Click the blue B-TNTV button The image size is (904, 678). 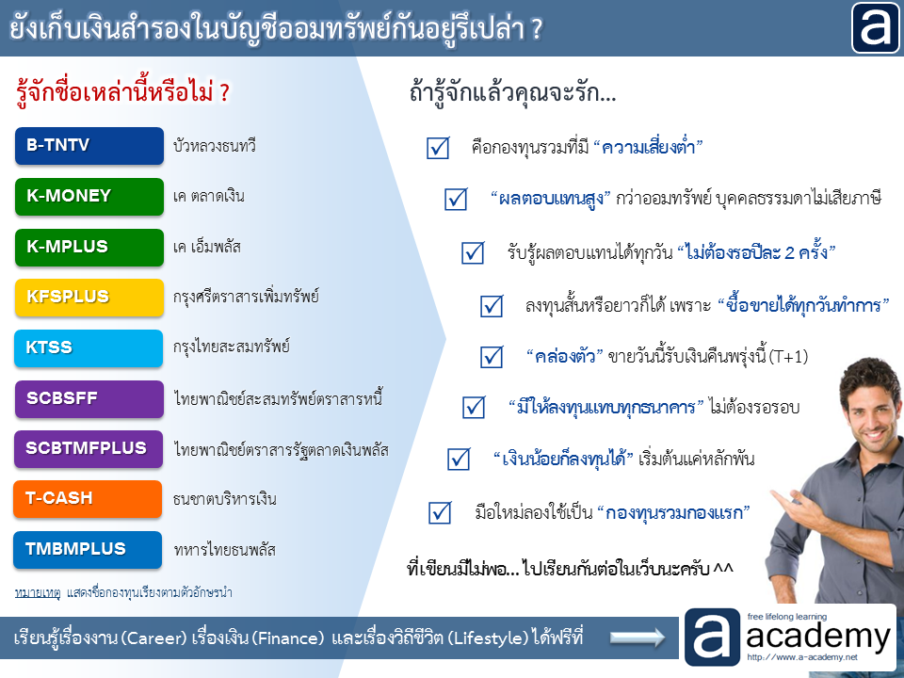pyautogui.click(x=89, y=146)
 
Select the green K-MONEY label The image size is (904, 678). pyautogui.click(x=89, y=197)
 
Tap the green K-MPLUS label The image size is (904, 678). pyautogui.click(x=89, y=248)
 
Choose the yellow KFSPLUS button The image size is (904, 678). pyautogui.click(x=89, y=298)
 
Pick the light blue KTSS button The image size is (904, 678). pyautogui.click(x=89, y=348)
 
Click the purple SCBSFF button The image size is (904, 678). pyautogui.click(x=89, y=399)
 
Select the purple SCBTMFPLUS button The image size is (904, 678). pyautogui.click(x=89, y=449)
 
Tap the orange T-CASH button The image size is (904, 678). pyautogui.click(x=88, y=499)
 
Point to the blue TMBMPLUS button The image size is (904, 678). pyautogui.click(x=88, y=550)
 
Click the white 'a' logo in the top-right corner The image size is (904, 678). pyautogui.click(x=875, y=27)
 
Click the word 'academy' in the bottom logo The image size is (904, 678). pyautogui.click(x=818, y=637)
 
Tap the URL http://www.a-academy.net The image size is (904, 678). pyautogui.click(x=802, y=657)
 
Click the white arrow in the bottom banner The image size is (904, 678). pyautogui.click(x=638, y=638)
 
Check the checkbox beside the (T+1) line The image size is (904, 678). pyautogui.click(x=492, y=357)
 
